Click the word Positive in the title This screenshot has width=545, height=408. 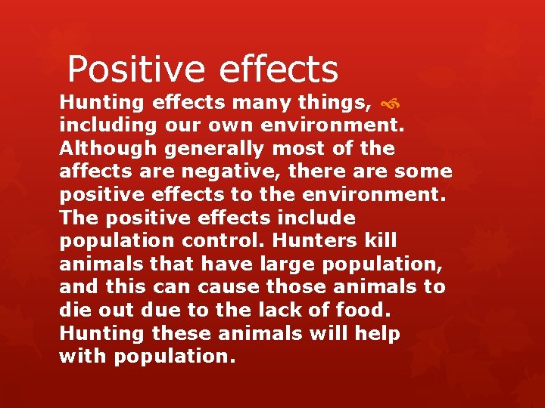pos(135,70)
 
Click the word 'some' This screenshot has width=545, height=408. pos(424,172)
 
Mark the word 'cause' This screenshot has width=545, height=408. pos(229,288)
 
